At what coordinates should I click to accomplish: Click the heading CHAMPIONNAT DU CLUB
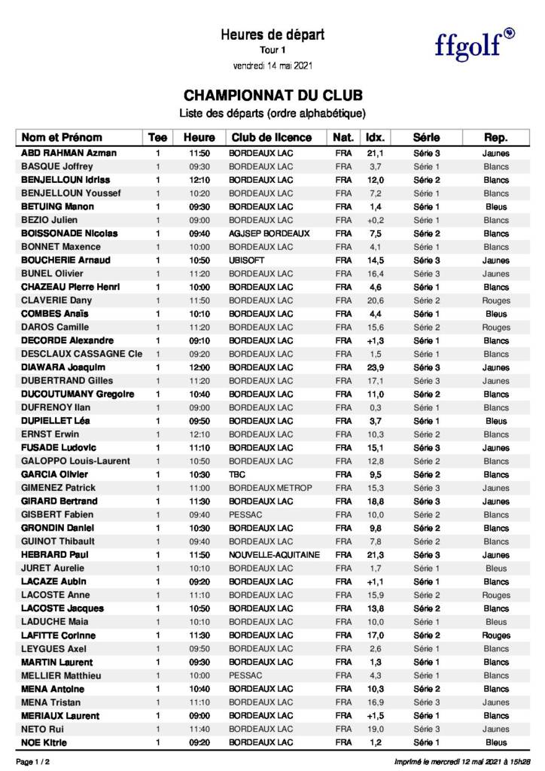click(272, 96)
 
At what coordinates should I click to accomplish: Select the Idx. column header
click(375, 138)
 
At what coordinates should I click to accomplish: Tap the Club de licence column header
click(271, 138)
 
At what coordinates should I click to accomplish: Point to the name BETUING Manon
click(57, 206)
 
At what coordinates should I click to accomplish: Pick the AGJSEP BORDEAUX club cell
click(269, 233)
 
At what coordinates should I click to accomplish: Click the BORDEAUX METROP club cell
click(269, 488)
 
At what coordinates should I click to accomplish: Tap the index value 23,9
click(376, 367)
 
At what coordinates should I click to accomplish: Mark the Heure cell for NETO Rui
click(199, 729)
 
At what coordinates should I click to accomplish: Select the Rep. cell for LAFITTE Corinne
click(496, 635)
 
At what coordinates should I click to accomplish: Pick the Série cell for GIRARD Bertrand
click(427, 501)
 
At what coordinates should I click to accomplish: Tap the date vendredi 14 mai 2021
click(272, 66)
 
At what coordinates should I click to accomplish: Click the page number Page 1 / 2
click(33, 762)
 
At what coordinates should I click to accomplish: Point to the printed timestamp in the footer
click(463, 762)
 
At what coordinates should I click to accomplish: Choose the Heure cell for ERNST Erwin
click(199, 434)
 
